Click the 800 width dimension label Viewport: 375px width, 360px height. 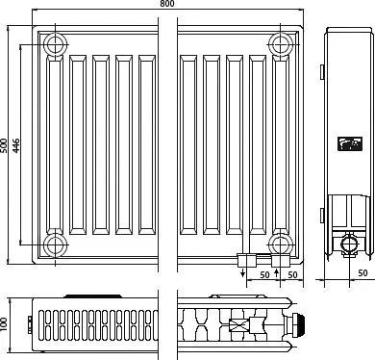(167, 4)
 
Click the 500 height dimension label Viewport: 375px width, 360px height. (4, 145)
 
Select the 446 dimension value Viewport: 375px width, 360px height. (16, 145)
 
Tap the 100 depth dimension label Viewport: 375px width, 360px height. (4, 325)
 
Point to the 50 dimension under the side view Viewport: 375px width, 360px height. (362, 272)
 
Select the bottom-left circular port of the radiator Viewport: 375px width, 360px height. (56, 245)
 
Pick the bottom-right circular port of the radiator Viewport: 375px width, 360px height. (281, 245)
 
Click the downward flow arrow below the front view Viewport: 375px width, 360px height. (243, 272)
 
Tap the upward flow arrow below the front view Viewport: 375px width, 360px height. (277, 273)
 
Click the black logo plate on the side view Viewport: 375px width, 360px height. (350, 143)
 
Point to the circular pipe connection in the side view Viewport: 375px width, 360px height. (349, 244)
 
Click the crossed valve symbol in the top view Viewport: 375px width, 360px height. (237, 325)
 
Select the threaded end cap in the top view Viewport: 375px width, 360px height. (299, 325)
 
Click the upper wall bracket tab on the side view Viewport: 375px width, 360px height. (322, 72)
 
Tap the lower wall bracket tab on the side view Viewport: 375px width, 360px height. (322, 216)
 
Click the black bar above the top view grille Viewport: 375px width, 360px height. (93, 296)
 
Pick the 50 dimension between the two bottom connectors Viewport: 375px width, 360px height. (264, 275)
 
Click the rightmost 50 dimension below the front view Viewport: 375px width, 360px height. (292, 275)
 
